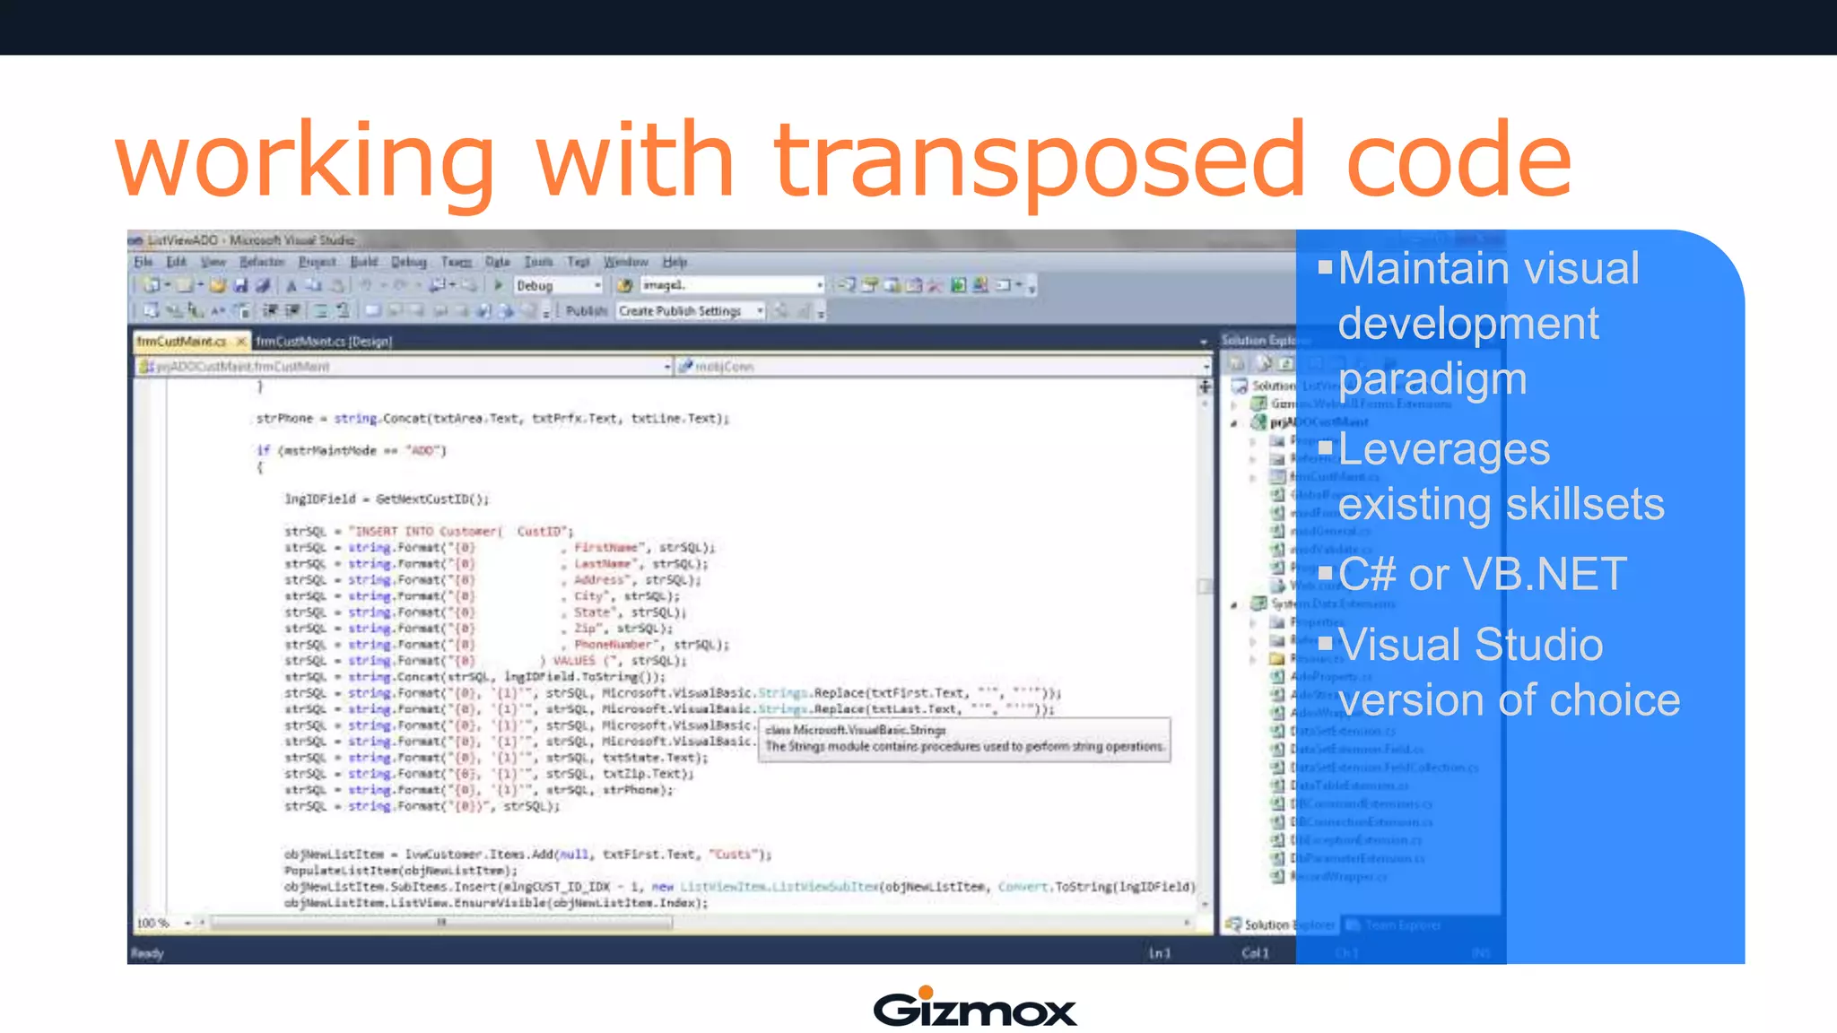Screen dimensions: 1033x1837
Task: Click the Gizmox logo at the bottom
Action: click(x=975, y=1008)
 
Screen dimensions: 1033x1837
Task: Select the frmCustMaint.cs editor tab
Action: click(x=182, y=342)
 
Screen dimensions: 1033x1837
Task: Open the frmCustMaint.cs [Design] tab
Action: click(x=324, y=342)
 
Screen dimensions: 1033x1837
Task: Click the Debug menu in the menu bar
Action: click(x=408, y=262)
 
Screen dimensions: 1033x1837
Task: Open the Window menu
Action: click(x=625, y=262)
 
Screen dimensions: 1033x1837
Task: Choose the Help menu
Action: click(x=675, y=262)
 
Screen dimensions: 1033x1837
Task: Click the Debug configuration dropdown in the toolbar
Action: click(x=558, y=285)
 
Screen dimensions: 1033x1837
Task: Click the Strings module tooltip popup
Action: click(x=963, y=739)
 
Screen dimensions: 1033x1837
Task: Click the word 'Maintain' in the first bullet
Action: click(x=1406, y=268)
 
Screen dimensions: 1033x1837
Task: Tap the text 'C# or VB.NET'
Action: click(x=1482, y=574)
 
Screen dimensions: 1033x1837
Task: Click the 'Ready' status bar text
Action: click(x=147, y=953)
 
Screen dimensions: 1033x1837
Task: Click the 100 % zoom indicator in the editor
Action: click(x=152, y=923)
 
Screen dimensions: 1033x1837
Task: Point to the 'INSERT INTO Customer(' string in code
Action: click(x=426, y=531)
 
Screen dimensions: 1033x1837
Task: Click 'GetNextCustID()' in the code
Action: click(x=432, y=499)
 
